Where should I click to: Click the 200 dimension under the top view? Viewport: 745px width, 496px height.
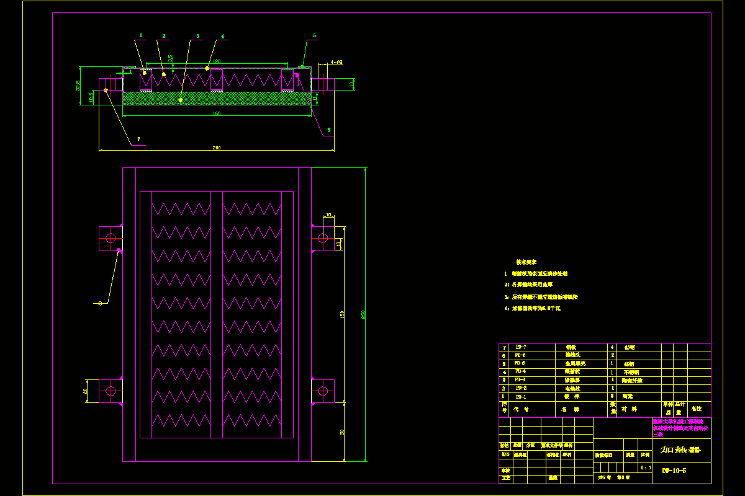[x=216, y=148]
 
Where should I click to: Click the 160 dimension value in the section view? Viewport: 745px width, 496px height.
[x=216, y=113]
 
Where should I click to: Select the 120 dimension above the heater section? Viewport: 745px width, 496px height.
[x=217, y=61]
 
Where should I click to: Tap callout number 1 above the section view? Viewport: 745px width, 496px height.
[x=141, y=36]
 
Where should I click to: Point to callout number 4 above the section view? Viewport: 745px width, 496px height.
[x=222, y=37]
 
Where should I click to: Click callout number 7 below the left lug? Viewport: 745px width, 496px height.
[x=138, y=139]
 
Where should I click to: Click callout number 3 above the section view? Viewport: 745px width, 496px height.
[x=197, y=37]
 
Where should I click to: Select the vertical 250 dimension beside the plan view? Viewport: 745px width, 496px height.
[x=363, y=314]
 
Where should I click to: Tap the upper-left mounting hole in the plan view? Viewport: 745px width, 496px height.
[x=111, y=237]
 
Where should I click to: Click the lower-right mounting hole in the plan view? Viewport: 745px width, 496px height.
[x=323, y=391]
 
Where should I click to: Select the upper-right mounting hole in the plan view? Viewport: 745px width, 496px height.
[x=323, y=237]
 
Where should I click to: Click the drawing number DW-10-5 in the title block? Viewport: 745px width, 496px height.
[x=674, y=471]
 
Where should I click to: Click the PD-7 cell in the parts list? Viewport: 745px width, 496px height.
[x=521, y=348]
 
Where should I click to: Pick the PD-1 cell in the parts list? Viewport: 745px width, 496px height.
[x=521, y=396]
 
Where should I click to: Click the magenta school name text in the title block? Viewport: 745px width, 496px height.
[x=682, y=428]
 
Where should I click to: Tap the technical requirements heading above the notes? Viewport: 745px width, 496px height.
[x=526, y=262]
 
